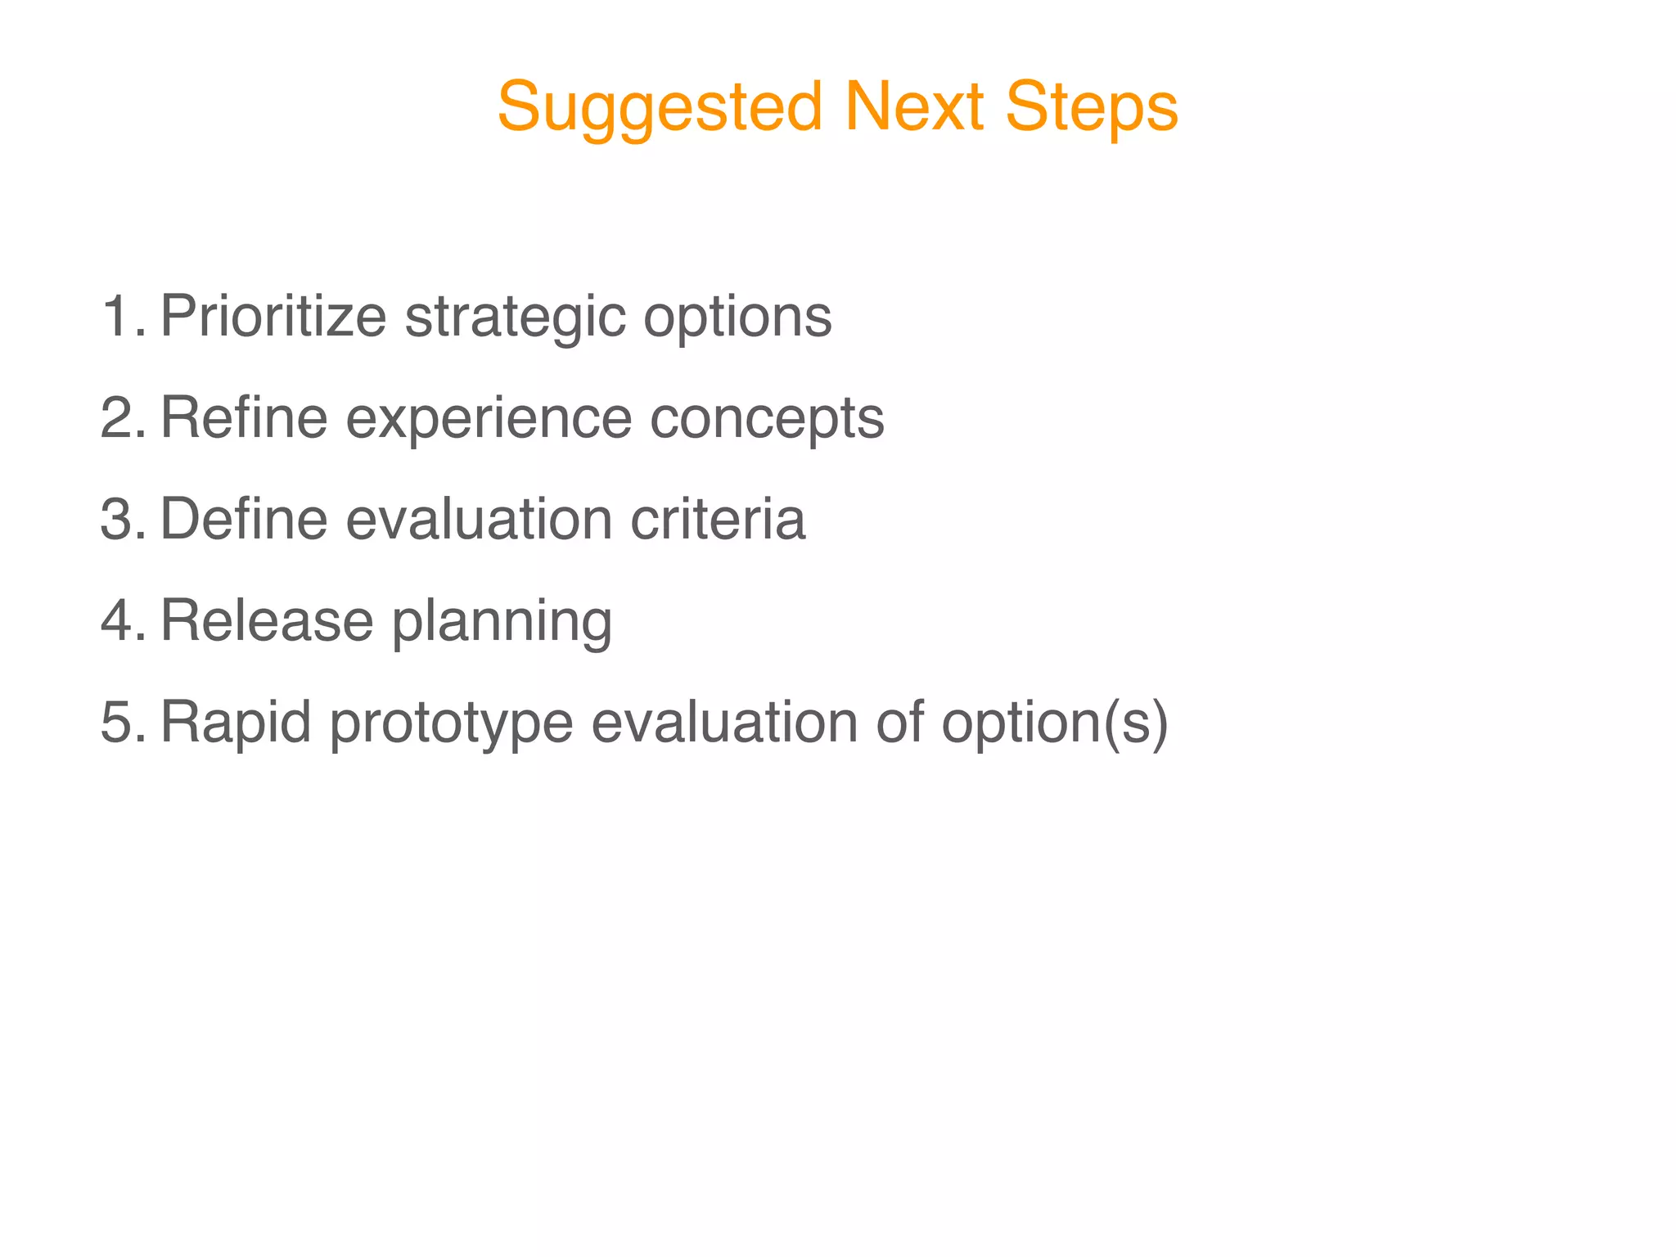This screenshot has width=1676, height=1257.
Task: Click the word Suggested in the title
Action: click(660, 109)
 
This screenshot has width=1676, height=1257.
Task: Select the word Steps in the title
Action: click(1092, 109)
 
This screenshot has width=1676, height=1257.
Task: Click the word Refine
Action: click(244, 417)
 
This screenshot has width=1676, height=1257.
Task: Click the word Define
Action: click(244, 519)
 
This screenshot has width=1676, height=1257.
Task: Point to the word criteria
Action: click(718, 519)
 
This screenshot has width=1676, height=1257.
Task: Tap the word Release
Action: click(267, 620)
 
